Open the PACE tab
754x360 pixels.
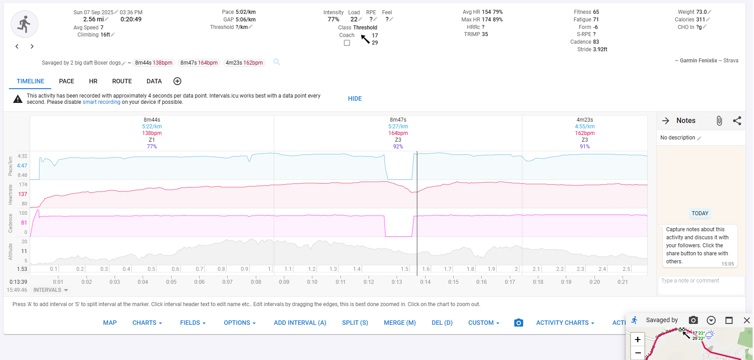pos(66,81)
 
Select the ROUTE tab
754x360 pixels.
pos(122,81)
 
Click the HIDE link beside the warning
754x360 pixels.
pos(355,98)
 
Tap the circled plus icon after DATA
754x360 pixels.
pos(177,81)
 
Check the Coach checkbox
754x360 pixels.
pos(347,43)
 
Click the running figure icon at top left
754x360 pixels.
pos(24,24)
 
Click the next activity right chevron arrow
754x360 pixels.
pos(32,46)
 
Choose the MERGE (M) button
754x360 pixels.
pos(399,323)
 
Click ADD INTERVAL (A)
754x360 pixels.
pos(300,323)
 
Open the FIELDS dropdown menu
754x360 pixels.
pos(193,323)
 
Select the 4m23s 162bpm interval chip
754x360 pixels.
pos(244,63)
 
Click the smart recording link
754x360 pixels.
pos(101,102)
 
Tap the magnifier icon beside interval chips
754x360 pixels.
pos(277,62)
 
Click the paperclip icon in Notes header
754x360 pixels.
pos(719,121)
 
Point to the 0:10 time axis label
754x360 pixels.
pos(312,282)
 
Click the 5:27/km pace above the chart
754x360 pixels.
pos(398,127)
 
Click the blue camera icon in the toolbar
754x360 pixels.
pos(519,323)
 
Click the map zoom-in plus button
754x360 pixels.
pos(638,340)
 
